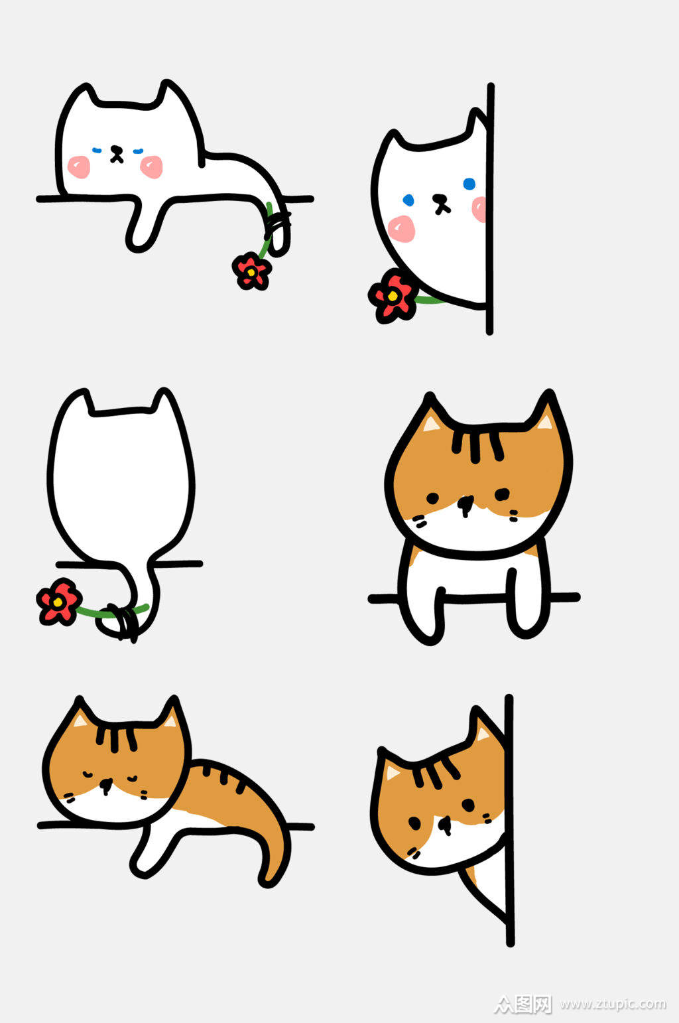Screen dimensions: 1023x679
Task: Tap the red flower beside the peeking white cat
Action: pos(392,296)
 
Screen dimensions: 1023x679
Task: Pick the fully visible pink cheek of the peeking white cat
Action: pos(402,228)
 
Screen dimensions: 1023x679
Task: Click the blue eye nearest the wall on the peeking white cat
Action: pos(469,184)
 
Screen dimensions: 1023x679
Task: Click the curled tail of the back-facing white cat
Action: pos(136,610)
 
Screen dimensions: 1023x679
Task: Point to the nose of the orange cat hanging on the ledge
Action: pos(465,505)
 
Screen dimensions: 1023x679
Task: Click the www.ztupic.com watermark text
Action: pos(613,1004)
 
